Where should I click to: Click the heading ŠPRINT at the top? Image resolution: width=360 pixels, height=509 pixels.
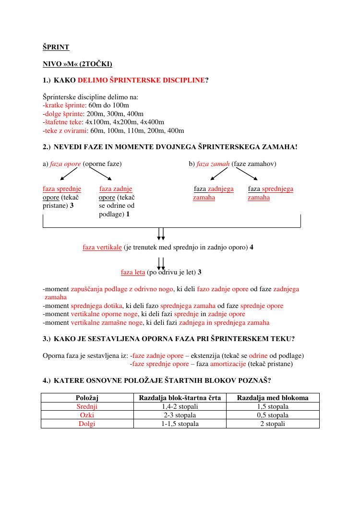56,47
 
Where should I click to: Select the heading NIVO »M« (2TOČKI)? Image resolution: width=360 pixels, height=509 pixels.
77,64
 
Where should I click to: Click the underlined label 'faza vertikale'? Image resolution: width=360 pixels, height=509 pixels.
102,248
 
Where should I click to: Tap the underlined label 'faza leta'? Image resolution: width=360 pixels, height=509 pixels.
133,272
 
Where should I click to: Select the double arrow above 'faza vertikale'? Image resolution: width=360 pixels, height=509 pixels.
161,234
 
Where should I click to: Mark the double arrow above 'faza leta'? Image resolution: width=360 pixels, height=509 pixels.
161,263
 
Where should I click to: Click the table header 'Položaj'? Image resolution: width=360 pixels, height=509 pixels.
87,398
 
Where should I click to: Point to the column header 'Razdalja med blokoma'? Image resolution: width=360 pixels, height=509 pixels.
273,398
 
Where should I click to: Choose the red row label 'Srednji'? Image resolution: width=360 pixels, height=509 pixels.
87,406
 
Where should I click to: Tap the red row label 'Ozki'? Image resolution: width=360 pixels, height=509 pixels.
87,415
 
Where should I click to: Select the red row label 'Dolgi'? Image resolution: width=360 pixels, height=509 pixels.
87,424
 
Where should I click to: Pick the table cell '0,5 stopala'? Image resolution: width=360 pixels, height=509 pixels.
273,415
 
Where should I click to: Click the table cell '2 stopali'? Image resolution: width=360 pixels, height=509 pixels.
273,424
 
